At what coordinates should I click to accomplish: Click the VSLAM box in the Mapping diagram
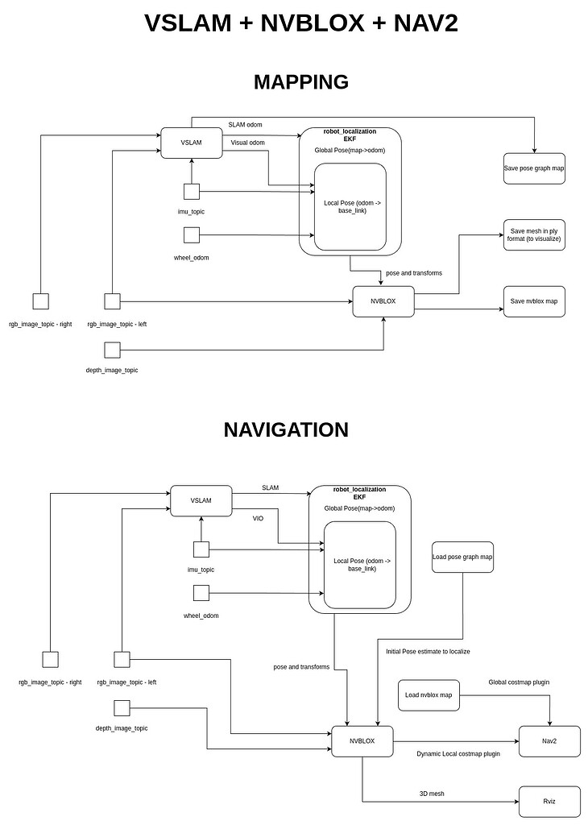tap(191, 143)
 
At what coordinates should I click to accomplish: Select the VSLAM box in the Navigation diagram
tap(201, 500)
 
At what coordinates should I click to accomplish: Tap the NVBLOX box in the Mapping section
tap(383, 301)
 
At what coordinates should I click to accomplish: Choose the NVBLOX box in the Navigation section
tap(362, 740)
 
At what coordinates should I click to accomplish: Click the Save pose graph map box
tap(533, 168)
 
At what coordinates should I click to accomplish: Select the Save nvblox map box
tap(533, 301)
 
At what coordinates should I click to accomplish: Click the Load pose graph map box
tap(462, 557)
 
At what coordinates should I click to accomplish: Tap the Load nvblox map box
tap(429, 694)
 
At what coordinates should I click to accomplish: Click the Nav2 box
tap(549, 740)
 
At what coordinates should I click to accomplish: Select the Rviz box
tap(549, 801)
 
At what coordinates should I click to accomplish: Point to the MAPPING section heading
tap(300, 82)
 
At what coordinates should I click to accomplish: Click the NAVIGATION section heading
tap(286, 430)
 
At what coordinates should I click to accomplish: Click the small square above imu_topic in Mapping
tap(191, 192)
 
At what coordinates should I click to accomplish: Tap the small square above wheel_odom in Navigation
tap(201, 593)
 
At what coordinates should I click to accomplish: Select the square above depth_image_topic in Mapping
tap(112, 350)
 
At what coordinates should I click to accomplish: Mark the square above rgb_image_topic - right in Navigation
tap(50, 660)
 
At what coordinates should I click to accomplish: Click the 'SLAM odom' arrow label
tap(246, 124)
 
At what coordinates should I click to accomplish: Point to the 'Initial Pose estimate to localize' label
tap(428, 651)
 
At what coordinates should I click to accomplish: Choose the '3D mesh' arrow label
tap(432, 794)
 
